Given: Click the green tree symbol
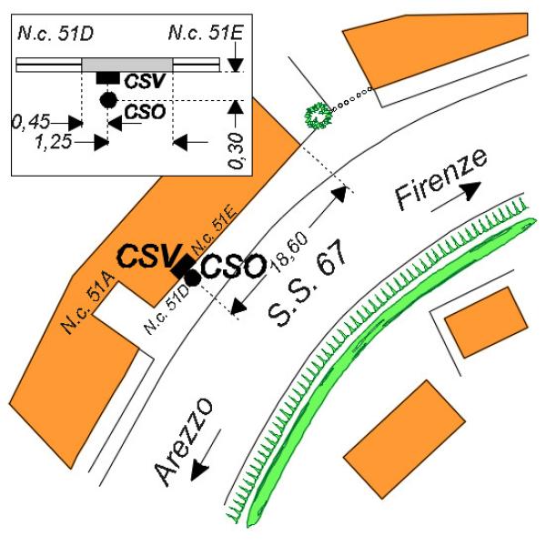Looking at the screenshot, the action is (x=318, y=116).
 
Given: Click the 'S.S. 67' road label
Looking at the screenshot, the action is (x=308, y=283).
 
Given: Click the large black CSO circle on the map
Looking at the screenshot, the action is (x=193, y=278).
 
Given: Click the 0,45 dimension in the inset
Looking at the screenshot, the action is (x=31, y=122).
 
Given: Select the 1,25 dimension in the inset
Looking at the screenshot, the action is (x=54, y=142).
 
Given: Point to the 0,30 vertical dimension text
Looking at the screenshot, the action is (x=237, y=151).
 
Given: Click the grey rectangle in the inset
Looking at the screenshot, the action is (x=127, y=65).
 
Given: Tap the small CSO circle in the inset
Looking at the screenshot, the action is (x=108, y=100).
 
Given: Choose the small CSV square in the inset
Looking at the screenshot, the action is (x=108, y=78).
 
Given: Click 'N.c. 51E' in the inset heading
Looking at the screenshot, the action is (x=205, y=33).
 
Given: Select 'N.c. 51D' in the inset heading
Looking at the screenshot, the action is (x=56, y=34).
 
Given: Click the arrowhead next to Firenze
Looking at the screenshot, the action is (x=471, y=191).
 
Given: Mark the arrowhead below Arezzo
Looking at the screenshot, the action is (x=200, y=470).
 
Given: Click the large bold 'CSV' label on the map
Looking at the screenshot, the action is (x=150, y=257).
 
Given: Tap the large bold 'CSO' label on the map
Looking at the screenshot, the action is (x=233, y=267).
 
